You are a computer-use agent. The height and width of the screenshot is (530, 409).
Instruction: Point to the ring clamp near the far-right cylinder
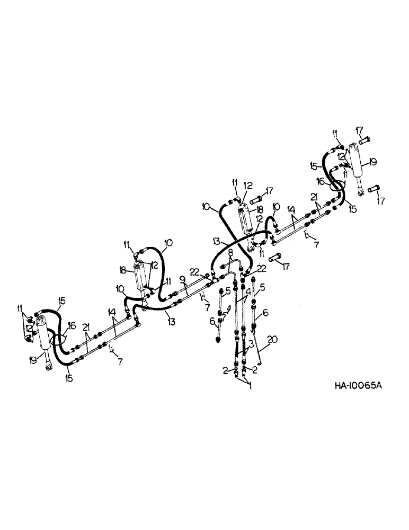[337, 186]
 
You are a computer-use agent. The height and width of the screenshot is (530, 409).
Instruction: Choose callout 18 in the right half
[261, 211]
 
